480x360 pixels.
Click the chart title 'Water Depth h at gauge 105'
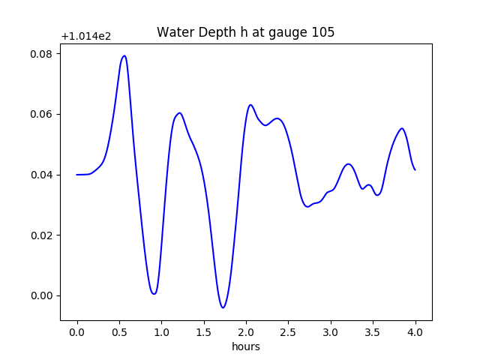245,32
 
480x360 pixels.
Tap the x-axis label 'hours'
245,346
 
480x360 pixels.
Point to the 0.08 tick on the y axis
41,54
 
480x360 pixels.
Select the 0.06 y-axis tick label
41,114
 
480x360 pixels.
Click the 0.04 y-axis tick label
41,175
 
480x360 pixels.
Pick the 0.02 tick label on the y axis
41,235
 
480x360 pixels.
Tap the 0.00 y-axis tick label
41,295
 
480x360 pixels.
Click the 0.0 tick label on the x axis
77,332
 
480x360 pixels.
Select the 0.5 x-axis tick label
119,332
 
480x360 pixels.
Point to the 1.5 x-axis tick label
204,332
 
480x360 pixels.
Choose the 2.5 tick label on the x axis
289,332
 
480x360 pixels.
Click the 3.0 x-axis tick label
331,332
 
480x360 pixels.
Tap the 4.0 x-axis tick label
415,332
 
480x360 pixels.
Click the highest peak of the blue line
124,55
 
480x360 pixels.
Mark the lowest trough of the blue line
223,307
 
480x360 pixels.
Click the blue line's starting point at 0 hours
77,175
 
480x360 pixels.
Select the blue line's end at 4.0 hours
415,169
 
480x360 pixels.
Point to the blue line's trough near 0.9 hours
154,293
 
